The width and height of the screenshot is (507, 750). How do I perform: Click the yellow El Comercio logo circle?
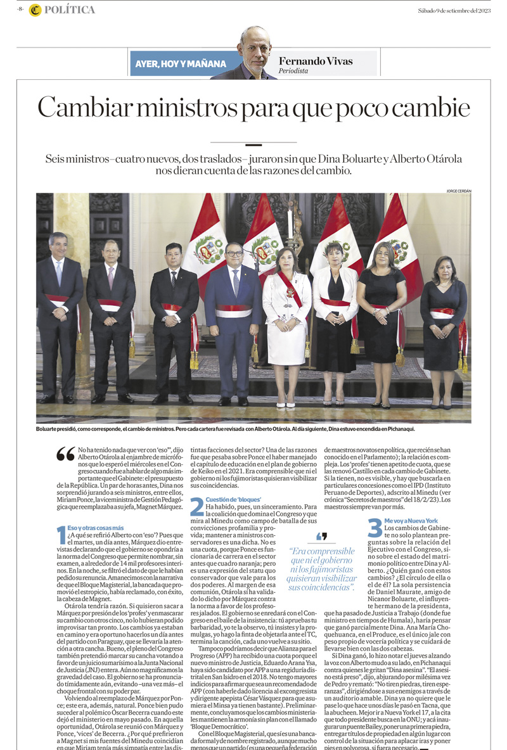pos(35,10)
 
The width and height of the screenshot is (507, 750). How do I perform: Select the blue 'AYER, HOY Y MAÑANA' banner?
pos(181,64)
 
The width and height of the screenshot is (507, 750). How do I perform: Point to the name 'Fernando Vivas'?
pos(316,61)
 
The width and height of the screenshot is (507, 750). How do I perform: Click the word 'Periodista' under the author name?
pos(293,71)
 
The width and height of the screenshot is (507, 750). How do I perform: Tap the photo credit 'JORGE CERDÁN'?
pos(459,191)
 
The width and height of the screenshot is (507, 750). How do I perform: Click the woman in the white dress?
pos(286,317)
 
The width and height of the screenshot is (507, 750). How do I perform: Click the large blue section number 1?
pos(61,535)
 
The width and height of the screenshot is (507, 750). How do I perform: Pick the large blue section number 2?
pos(196,506)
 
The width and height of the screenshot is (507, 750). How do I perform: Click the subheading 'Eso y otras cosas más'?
pos(96,528)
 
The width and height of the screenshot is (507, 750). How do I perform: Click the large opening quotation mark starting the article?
pos(65,454)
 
